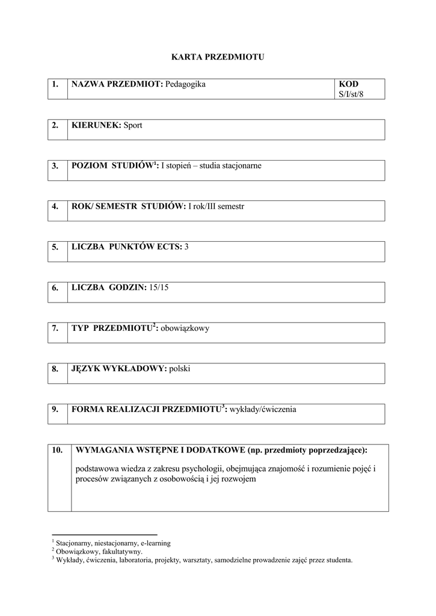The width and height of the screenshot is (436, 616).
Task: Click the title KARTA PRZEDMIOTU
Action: tap(218, 57)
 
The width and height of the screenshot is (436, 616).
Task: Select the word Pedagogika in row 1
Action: tap(185, 84)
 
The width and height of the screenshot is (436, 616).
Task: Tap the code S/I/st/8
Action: tap(352, 94)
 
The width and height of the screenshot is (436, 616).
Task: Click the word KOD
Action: tap(349, 84)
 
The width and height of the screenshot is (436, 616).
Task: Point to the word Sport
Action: tap(133, 125)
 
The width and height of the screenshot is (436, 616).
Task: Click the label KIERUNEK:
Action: tap(96, 125)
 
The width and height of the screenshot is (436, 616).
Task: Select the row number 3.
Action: tap(55, 166)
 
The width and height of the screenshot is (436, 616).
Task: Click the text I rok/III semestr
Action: tap(216, 206)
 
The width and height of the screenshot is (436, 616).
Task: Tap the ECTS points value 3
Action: tap(186, 247)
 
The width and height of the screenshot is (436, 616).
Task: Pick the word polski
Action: tap(180, 369)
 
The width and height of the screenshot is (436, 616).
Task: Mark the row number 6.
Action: tap(55, 288)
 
